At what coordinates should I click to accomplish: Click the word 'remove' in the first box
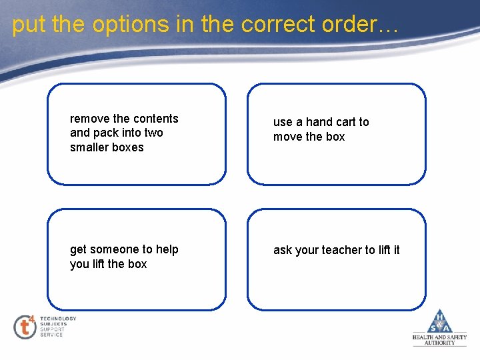coord(90,119)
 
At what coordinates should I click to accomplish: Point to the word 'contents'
coord(156,119)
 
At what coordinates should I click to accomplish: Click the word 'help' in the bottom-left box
coord(167,249)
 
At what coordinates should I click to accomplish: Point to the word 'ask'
coord(283,250)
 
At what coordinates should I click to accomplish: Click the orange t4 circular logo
coord(25,327)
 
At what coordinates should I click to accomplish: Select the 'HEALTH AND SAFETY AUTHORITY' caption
coord(439,340)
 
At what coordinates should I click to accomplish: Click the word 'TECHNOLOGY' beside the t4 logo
coord(58,319)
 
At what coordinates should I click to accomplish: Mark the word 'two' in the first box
coord(153,133)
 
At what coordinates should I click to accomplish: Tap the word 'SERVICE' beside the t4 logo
coord(51,335)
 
